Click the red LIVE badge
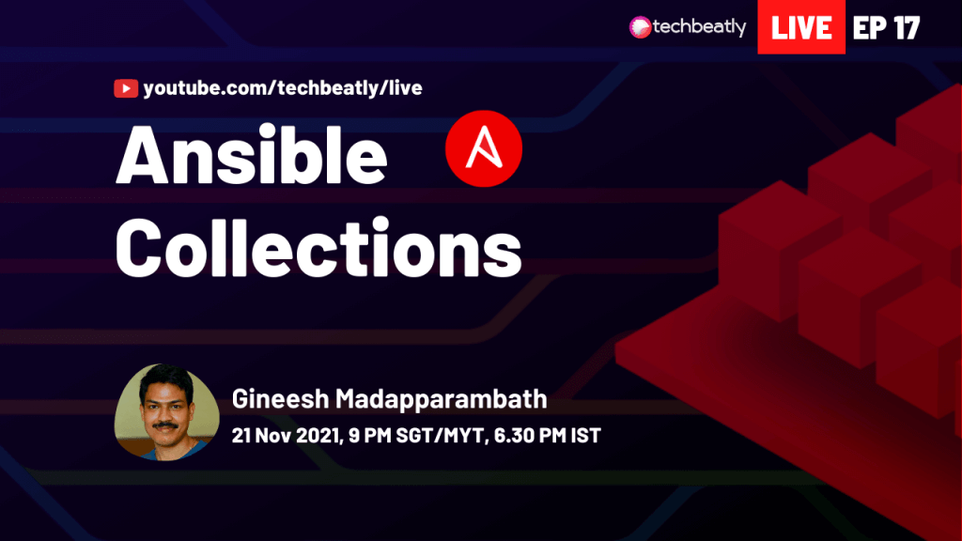coord(801,27)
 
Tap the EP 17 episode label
coord(886,27)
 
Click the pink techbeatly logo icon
coord(640,27)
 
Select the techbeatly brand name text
coord(699,27)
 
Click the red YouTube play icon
coord(126,88)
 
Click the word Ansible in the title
coord(252,155)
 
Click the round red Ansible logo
coord(484,148)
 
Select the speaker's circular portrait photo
coord(167,412)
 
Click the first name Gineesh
coord(280,399)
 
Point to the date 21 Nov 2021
coord(286,436)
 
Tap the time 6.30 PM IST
coord(548,436)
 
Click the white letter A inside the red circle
coord(484,147)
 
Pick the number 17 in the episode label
coord(907,27)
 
